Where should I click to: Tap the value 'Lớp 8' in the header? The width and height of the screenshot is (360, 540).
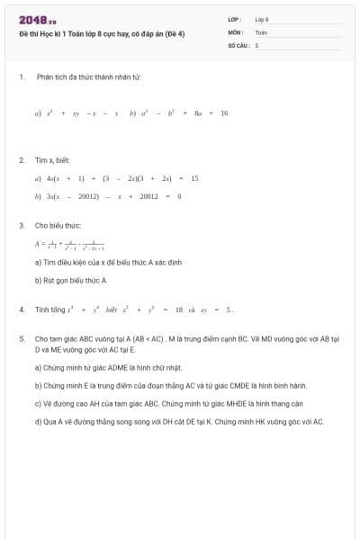262,19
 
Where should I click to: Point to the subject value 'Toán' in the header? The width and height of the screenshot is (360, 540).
261,31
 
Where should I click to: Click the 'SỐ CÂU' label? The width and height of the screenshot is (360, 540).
238,44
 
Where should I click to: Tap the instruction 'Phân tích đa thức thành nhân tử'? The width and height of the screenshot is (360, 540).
88,76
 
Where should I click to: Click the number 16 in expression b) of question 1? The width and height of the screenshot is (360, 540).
224,113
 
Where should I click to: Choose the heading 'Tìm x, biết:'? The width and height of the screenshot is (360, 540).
52,160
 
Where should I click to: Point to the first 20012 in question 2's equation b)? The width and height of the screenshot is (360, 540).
88,195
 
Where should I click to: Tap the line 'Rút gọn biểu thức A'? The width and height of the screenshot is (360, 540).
70,280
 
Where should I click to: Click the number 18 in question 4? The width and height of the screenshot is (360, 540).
178,310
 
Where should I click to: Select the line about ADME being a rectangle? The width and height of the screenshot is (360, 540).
108,367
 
